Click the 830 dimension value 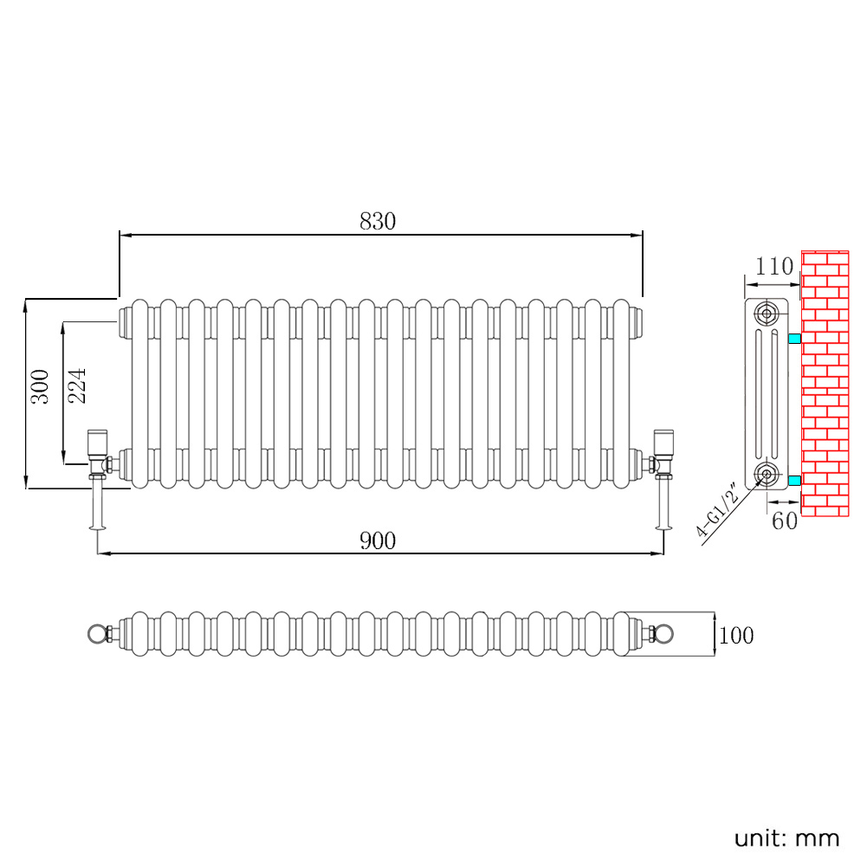[x=378, y=222]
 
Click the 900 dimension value [x=378, y=541]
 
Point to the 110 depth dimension [x=773, y=267]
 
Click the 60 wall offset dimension [x=784, y=521]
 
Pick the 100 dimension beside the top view [x=736, y=636]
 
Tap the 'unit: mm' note [x=786, y=838]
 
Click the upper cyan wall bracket [x=794, y=337]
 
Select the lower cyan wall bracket [x=794, y=480]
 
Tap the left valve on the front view [x=96, y=455]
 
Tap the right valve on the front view [x=664, y=455]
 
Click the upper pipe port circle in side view [x=766, y=313]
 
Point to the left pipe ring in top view [x=95, y=634]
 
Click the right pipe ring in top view [x=665, y=634]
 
